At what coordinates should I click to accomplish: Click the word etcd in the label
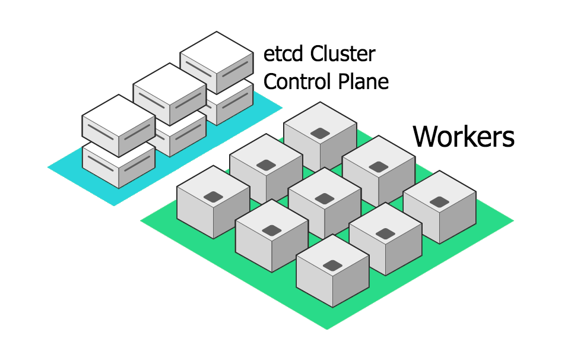tap(284, 55)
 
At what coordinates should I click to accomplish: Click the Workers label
tap(464, 136)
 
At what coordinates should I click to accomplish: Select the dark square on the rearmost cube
tap(320, 133)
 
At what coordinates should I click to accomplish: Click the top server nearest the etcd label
tap(217, 62)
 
